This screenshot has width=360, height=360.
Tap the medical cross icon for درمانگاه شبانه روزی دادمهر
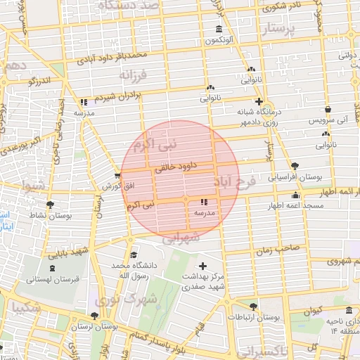point(259,101)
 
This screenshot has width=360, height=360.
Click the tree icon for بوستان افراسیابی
point(294,166)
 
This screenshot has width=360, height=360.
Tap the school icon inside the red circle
point(205,202)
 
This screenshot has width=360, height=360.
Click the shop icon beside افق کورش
point(117,175)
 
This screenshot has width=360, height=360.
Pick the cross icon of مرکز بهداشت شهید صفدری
point(203,266)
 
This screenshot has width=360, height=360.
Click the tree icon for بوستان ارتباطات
point(253,307)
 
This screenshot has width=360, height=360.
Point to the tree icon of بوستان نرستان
point(95,316)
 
